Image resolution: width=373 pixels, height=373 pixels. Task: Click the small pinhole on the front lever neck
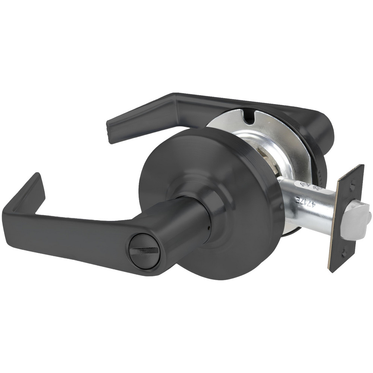[x=210, y=228]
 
